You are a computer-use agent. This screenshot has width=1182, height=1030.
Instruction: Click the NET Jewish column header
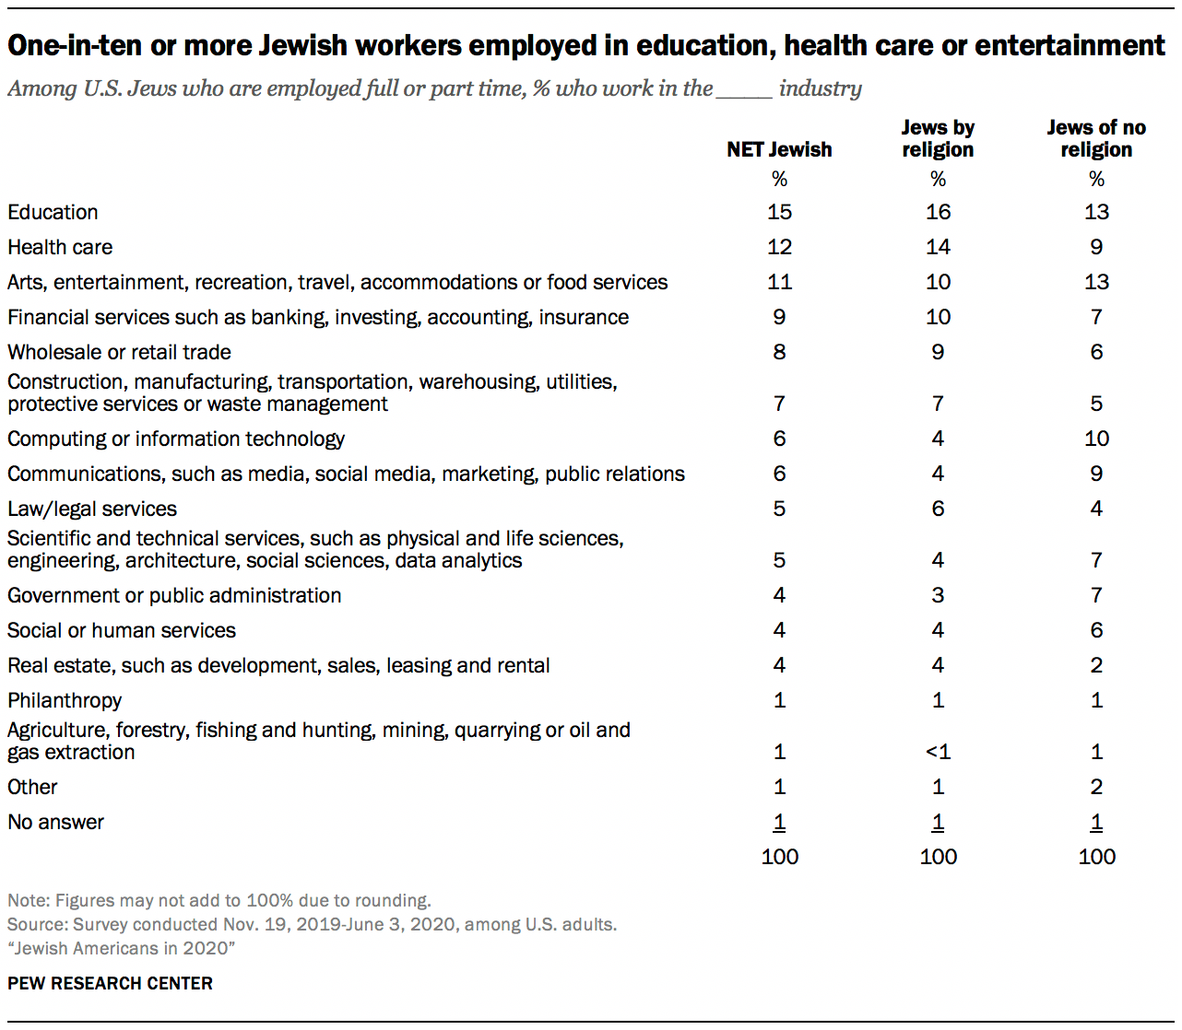click(x=779, y=149)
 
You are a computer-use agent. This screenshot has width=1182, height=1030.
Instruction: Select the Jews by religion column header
click(x=938, y=138)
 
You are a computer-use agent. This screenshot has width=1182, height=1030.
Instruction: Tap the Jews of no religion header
click(x=1096, y=138)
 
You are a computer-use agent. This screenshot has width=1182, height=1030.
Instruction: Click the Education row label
click(x=53, y=212)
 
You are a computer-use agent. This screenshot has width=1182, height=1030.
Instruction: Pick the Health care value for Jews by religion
click(x=938, y=247)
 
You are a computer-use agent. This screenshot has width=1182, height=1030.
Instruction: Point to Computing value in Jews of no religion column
click(x=1096, y=439)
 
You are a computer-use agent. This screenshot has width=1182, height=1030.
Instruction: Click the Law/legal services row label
click(x=92, y=509)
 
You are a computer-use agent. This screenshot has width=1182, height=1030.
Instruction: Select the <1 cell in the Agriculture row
click(x=938, y=752)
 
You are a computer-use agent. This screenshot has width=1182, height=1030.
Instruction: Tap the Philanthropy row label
click(x=65, y=700)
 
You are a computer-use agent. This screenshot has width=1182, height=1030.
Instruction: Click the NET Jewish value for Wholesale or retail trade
click(x=779, y=352)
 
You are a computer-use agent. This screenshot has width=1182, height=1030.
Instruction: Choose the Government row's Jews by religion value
click(x=938, y=595)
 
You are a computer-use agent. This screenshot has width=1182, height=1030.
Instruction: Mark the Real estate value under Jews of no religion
click(x=1096, y=665)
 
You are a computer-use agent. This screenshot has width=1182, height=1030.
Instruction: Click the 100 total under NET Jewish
click(x=779, y=857)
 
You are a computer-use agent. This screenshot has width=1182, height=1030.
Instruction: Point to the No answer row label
click(x=55, y=822)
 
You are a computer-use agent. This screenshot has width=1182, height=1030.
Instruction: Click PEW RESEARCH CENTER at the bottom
click(x=110, y=983)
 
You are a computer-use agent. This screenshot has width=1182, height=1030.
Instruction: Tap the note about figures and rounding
click(x=219, y=900)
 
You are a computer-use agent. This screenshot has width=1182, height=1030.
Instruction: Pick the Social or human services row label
click(x=122, y=630)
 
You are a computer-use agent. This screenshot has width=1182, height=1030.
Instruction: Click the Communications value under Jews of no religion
click(x=1096, y=474)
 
